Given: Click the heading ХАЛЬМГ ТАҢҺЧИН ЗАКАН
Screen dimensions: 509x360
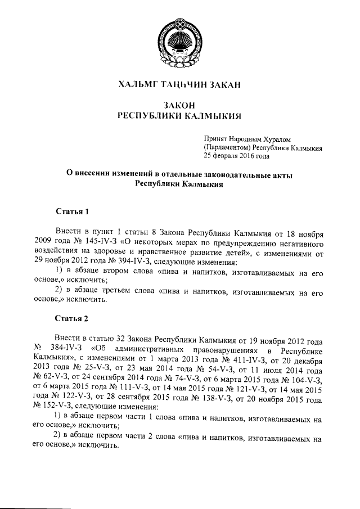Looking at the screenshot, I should (179, 85).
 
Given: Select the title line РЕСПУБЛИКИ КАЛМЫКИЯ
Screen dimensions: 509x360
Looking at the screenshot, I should (179, 116).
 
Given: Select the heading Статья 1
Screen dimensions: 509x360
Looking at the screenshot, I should (72, 211).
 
